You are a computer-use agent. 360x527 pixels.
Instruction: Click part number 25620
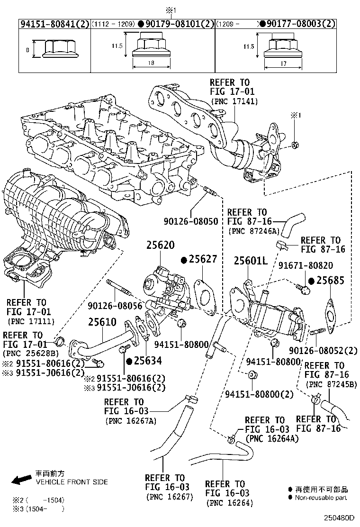coord(160,246)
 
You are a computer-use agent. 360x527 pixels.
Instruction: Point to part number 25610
coord(102,322)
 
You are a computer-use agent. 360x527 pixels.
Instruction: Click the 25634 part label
coord(147,361)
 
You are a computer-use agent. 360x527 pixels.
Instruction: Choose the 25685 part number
coord(330,281)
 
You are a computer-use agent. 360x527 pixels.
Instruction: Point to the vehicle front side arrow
coord(21,480)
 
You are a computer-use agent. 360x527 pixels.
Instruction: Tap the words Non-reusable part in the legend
coord(321,498)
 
